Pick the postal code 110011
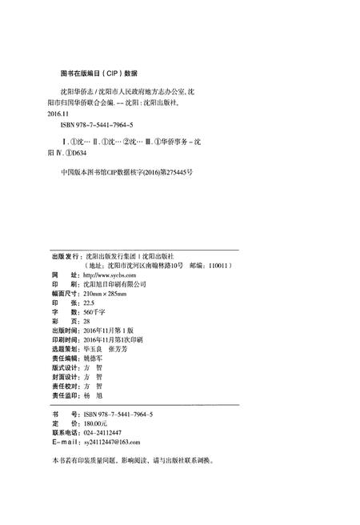coord(218,264)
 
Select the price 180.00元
coord(96,423)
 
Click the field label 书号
coord(62,413)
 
